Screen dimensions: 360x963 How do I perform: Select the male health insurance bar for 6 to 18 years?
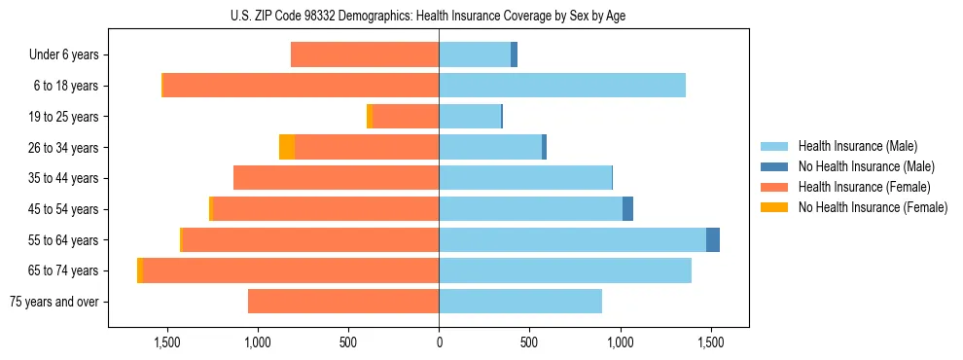(x=562, y=86)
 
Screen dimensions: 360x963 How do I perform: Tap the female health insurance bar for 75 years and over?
(x=343, y=302)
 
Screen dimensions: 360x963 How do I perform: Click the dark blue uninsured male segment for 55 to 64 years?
(x=713, y=239)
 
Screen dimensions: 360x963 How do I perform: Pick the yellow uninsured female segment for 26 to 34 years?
(x=287, y=147)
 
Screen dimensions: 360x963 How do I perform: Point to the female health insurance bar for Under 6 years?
(x=365, y=55)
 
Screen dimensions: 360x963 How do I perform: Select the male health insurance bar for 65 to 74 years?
(x=565, y=270)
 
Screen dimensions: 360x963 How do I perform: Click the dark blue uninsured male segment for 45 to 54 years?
(x=627, y=209)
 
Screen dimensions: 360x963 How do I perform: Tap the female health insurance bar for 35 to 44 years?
(x=336, y=178)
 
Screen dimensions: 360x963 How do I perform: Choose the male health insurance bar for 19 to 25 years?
(x=470, y=117)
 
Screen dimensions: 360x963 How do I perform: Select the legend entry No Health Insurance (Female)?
(x=873, y=207)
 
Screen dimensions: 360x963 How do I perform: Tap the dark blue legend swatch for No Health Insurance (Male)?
(x=774, y=166)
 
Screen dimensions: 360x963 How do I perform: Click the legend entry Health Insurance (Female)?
(x=864, y=187)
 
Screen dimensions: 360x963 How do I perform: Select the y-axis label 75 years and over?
(x=53, y=302)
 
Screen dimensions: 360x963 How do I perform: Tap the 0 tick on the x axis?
(x=439, y=342)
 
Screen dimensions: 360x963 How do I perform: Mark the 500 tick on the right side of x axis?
(x=529, y=342)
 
